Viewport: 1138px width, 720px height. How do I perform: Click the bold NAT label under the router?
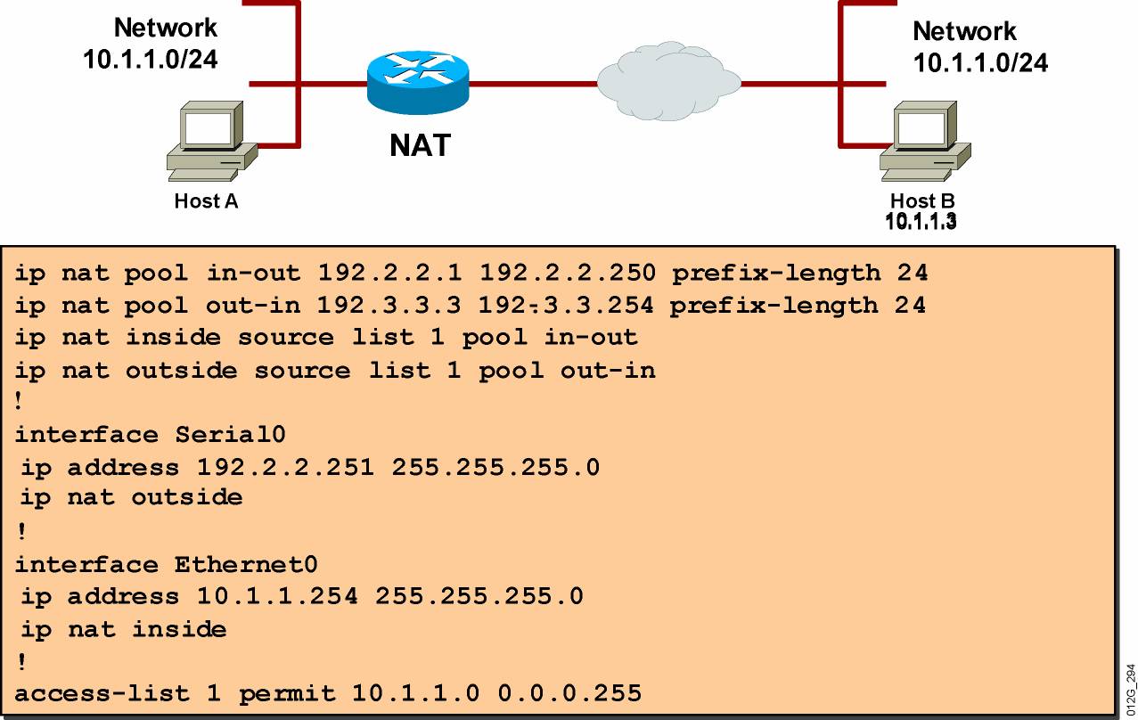click(x=420, y=144)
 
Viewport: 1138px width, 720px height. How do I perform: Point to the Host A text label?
click(x=206, y=201)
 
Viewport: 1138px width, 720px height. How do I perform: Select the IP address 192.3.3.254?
click(x=565, y=306)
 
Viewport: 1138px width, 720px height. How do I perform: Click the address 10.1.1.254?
click(x=269, y=596)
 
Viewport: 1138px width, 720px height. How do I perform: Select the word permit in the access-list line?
click(x=287, y=692)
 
